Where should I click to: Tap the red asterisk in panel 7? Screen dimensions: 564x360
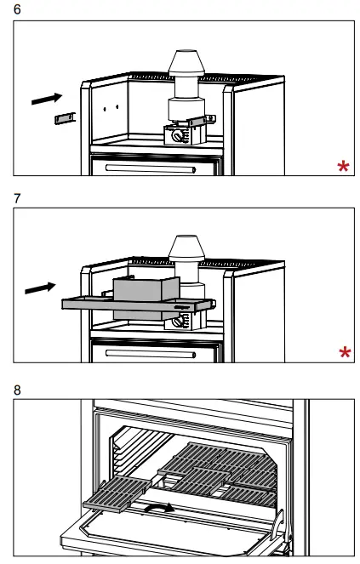point(344,353)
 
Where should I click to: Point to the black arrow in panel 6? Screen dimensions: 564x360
point(47,99)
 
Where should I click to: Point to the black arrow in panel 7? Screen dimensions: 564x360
point(42,288)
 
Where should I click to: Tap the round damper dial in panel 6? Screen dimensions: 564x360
point(177,136)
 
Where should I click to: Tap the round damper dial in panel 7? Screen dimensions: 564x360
point(179,322)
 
